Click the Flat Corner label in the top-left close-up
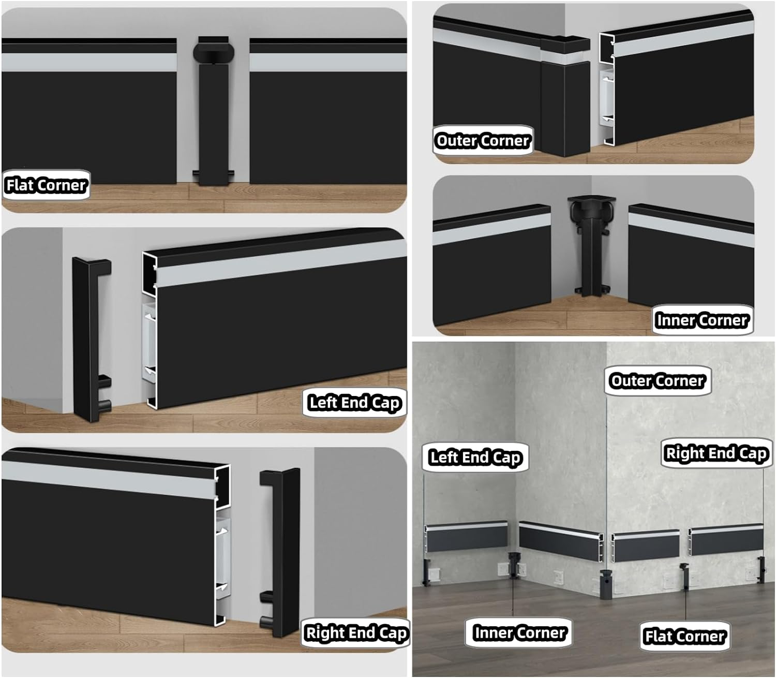(46, 185)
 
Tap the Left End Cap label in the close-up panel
(354, 402)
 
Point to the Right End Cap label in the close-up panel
(356, 632)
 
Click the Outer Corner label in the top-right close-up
(482, 140)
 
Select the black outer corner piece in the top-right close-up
(565, 98)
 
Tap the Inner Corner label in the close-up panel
(702, 320)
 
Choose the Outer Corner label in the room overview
(657, 381)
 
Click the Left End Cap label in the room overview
(475, 457)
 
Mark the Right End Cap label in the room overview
(716, 453)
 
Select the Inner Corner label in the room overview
(519, 632)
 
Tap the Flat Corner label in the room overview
(684, 636)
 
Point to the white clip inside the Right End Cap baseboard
(223, 554)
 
